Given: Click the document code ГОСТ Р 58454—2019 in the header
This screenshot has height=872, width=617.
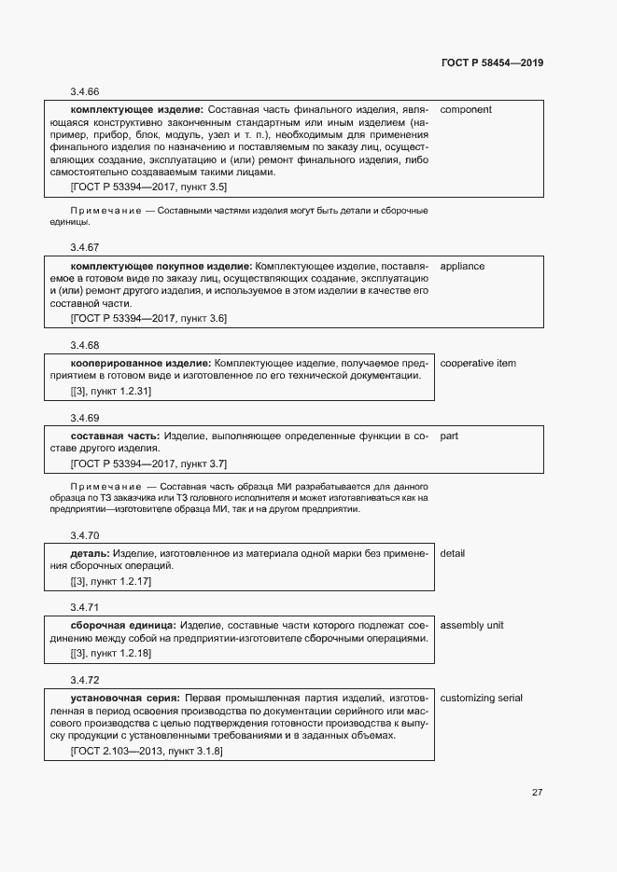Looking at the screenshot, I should coord(492,62).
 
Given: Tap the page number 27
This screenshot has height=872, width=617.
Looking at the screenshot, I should coord(537,792).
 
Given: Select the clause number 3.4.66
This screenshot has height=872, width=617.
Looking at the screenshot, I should coord(84,91).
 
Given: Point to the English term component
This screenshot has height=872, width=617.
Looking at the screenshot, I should coord(466,110).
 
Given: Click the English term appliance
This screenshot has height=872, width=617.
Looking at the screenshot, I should coord(462,266).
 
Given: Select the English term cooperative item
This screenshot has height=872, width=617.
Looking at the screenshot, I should coord(478,363).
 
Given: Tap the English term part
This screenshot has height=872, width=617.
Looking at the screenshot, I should coord(449,436).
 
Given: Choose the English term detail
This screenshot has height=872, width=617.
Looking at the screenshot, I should coord(453,553).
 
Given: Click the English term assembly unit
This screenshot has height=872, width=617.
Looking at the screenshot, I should coord(471,625).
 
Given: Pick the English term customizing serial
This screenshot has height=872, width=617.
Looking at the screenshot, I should coord(481,698).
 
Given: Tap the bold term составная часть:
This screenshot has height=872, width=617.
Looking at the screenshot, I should coord(116,436).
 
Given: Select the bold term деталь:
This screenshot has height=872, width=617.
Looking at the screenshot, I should coord(90,553).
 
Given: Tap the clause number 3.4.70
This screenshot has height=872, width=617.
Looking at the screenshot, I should coord(84,535).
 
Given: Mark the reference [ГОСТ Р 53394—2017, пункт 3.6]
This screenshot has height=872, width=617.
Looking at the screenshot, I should coord(148,318).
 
